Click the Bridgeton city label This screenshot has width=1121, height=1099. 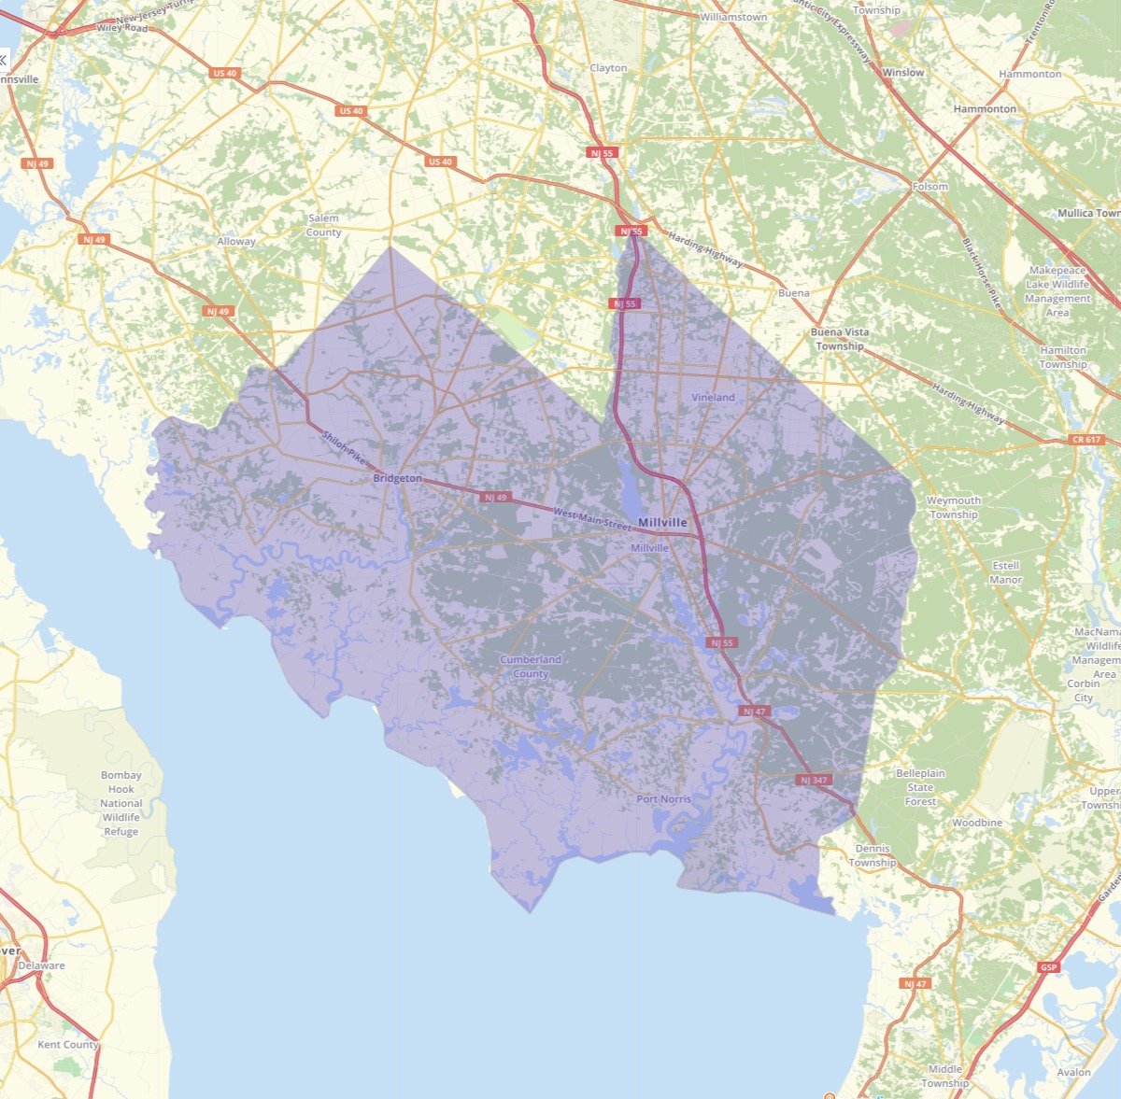pos(397,478)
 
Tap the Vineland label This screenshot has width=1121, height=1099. pos(713,397)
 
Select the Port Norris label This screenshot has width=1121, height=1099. pos(663,799)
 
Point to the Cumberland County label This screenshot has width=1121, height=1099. pos(531,667)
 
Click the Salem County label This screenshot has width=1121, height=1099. pos(323,225)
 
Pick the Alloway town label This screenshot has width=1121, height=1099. pos(235,242)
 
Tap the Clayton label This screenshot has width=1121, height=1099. pos(608,68)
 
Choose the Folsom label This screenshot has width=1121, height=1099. pos(929,187)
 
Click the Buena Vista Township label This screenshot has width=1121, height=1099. pos(839,339)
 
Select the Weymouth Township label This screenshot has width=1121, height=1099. pos(953,507)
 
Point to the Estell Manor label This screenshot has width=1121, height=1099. pos(1006,572)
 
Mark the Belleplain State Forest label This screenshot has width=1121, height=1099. pos(920,787)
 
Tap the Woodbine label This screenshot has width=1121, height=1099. pos(977,823)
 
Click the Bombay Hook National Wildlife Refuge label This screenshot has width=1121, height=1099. pos(121,803)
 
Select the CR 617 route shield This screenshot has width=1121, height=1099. pos(1086,439)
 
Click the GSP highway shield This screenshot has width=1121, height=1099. pos(1048,967)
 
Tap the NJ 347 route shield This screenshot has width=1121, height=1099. pos(814,780)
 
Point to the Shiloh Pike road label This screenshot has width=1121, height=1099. pos(344,447)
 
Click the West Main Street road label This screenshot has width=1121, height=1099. pos(592,518)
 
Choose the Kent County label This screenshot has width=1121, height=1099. pos(67,1045)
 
